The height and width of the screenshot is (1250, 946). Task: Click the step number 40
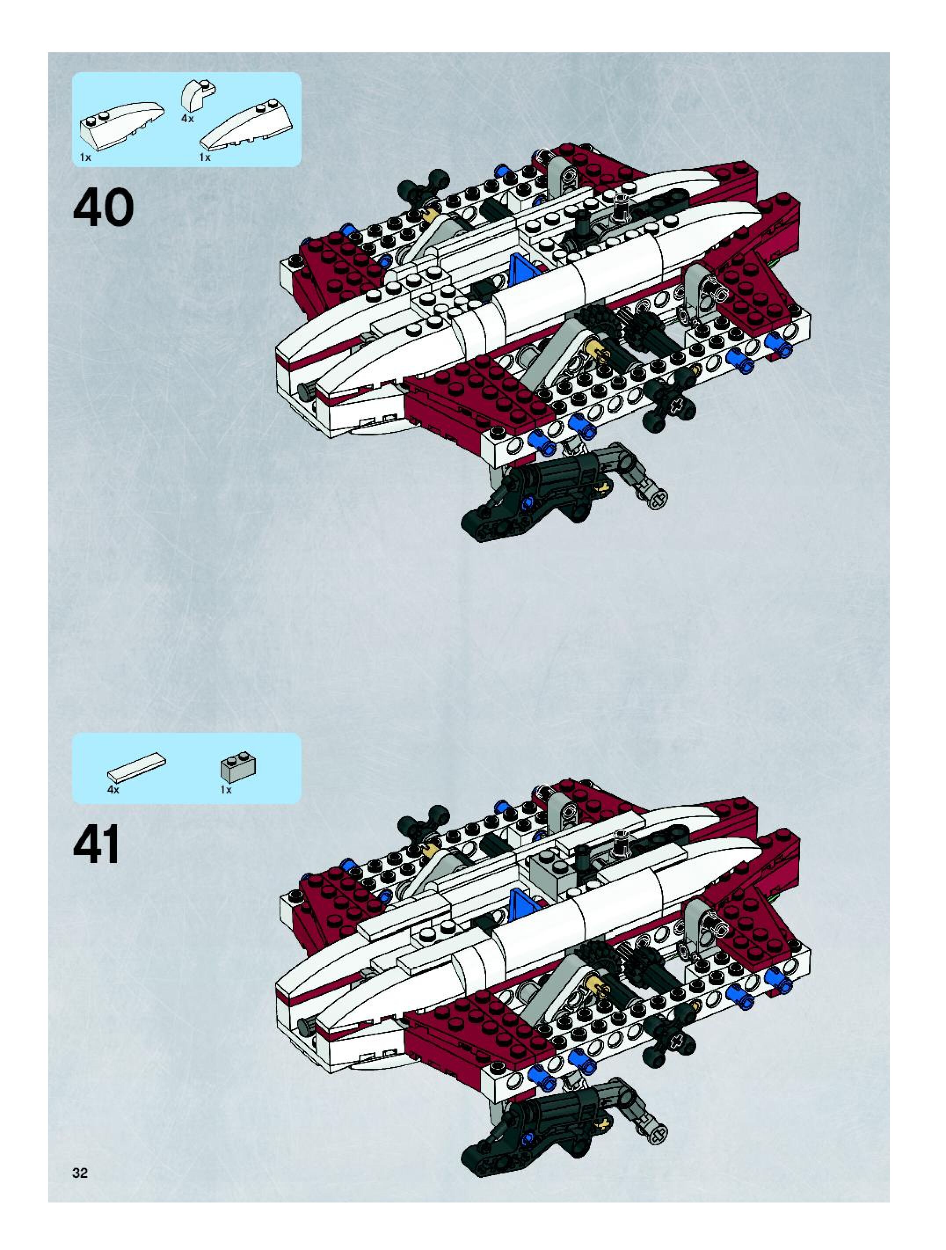point(103,208)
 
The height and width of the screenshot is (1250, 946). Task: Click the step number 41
point(97,845)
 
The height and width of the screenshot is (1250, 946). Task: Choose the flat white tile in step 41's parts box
point(137,766)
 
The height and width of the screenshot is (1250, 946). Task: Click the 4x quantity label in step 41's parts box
point(113,789)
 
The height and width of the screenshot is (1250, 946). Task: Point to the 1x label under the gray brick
point(226,789)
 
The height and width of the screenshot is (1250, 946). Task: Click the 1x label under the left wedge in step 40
point(85,157)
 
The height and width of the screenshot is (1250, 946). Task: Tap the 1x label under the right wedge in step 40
point(205,157)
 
